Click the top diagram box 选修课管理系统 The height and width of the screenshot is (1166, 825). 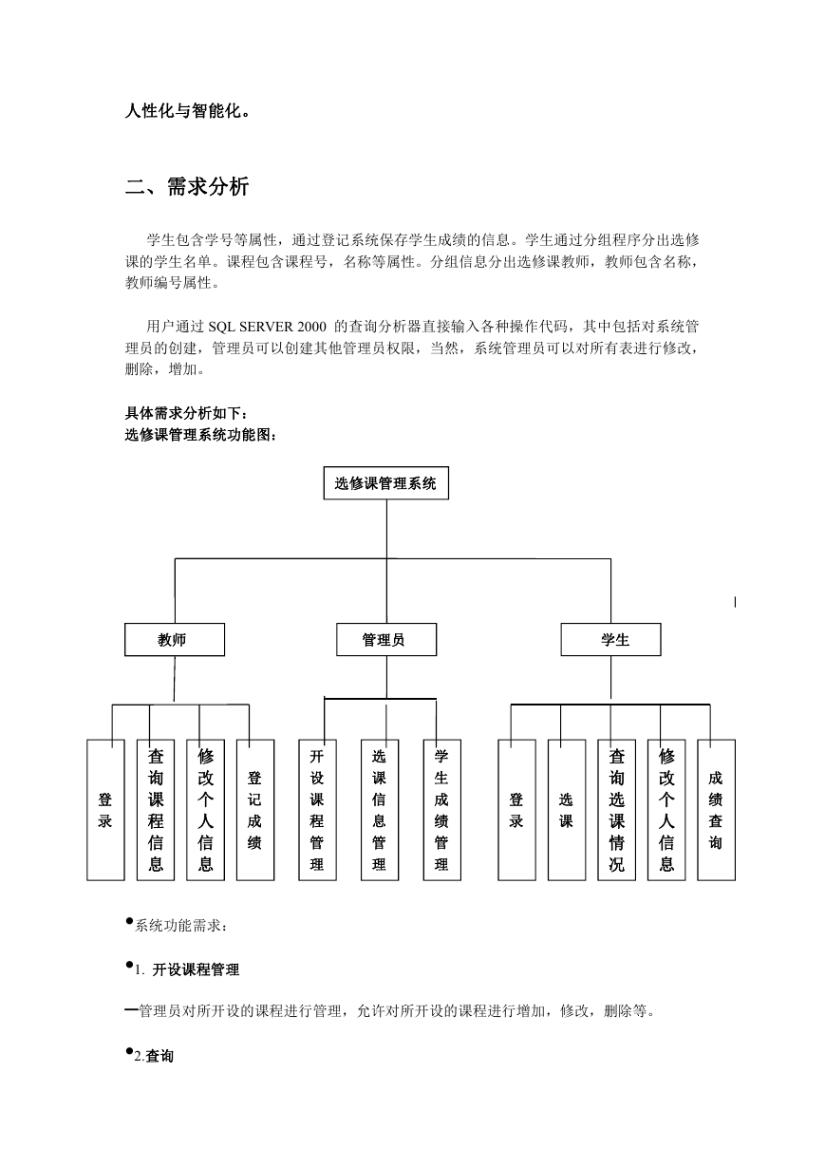pyautogui.click(x=385, y=483)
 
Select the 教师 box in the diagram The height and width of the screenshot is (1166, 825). pyautogui.click(x=175, y=639)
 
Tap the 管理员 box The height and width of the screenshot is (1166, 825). pyautogui.click(x=386, y=639)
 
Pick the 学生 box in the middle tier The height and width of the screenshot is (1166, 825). pyautogui.click(x=610, y=639)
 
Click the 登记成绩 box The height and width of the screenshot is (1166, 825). pyautogui.click(x=255, y=810)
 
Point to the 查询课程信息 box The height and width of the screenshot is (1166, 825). pyautogui.click(x=156, y=810)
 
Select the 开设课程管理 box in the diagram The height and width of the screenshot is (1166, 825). pyautogui.click(x=317, y=810)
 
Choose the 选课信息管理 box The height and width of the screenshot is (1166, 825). pyautogui.click(x=380, y=810)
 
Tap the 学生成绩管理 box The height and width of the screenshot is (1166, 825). pyautogui.click(x=441, y=810)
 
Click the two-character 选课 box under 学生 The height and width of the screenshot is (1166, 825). pyautogui.click(x=567, y=810)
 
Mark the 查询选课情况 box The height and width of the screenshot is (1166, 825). pyautogui.click(x=616, y=810)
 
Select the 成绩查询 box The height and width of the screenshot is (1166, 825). pyautogui.click(x=716, y=810)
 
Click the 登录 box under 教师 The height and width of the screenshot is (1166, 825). pyautogui.click(x=105, y=810)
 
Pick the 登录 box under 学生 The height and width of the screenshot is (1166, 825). pyautogui.click(x=516, y=810)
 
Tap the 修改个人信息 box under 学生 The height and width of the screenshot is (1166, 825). pyautogui.click(x=666, y=810)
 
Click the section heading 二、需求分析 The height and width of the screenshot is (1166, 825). pyautogui.click(x=187, y=186)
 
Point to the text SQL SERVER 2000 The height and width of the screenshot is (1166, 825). pyautogui.click(x=267, y=327)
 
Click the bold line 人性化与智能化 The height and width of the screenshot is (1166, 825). pyautogui.click(x=187, y=111)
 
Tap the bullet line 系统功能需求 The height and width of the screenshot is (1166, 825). pyautogui.click(x=177, y=925)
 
